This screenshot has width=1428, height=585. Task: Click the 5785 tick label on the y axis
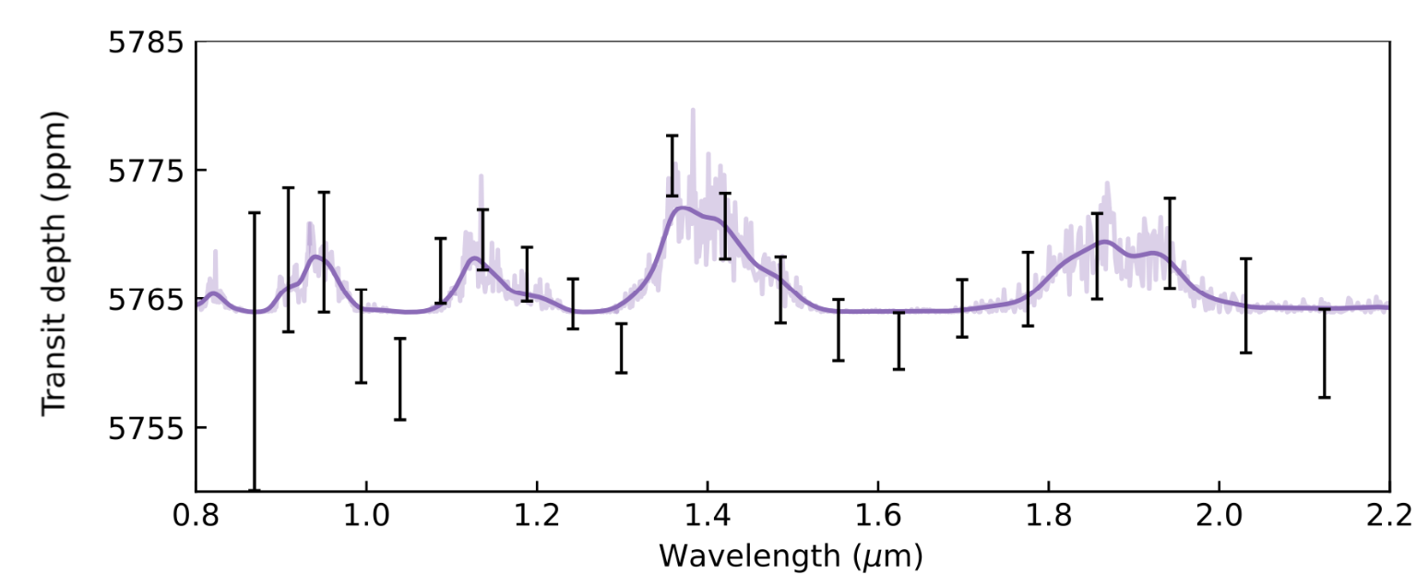pyautogui.click(x=146, y=42)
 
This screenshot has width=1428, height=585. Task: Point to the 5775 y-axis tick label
pyautogui.click(x=146, y=171)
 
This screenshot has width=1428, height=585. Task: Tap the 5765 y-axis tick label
pyautogui.click(x=146, y=300)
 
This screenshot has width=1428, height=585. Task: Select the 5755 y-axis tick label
pyautogui.click(x=146, y=429)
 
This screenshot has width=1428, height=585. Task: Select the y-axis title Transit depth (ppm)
pyautogui.click(x=54, y=264)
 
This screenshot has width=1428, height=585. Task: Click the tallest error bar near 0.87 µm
pyautogui.click(x=255, y=351)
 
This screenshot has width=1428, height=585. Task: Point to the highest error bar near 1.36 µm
pyautogui.click(x=672, y=166)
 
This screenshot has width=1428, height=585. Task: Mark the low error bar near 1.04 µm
pyautogui.click(x=399, y=379)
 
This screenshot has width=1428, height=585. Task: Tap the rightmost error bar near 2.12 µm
pyautogui.click(x=1324, y=353)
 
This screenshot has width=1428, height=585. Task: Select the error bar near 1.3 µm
pyautogui.click(x=621, y=348)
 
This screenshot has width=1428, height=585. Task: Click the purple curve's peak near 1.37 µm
pyautogui.click(x=682, y=208)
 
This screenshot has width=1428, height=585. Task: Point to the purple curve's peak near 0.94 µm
pyautogui.click(x=316, y=257)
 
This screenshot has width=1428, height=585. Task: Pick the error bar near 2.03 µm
pyautogui.click(x=1245, y=305)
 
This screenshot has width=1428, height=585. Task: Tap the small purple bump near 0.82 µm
pyautogui.click(x=213, y=292)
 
